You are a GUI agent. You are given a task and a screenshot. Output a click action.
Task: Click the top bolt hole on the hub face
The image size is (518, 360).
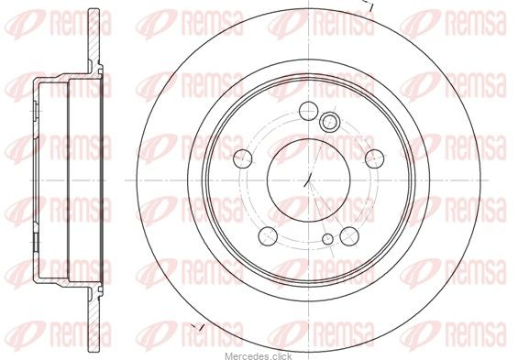click(x=308, y=111)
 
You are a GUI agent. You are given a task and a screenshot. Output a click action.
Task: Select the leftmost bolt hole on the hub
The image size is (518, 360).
click(x=242, y=158)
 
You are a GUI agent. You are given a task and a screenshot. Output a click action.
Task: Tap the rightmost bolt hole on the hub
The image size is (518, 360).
click(x=375, y=158)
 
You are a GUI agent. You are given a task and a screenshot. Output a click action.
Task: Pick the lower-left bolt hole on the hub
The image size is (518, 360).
click(x=268, y=236)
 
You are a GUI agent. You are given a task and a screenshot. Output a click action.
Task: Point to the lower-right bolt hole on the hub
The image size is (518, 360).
click(x=349, y=236)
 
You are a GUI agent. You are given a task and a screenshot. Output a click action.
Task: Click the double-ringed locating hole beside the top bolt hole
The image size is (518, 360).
click(x=329, y=121)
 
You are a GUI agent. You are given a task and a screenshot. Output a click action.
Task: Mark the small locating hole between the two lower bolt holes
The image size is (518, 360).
click(x=327, y=239)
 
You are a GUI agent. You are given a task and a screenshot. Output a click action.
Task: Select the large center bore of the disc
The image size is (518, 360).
click(x=308, y=180)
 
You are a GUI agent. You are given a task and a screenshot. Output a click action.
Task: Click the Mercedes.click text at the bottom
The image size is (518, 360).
click(x=259, y=356)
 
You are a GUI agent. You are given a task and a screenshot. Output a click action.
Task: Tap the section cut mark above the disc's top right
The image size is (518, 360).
click(x=369, y=4)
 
